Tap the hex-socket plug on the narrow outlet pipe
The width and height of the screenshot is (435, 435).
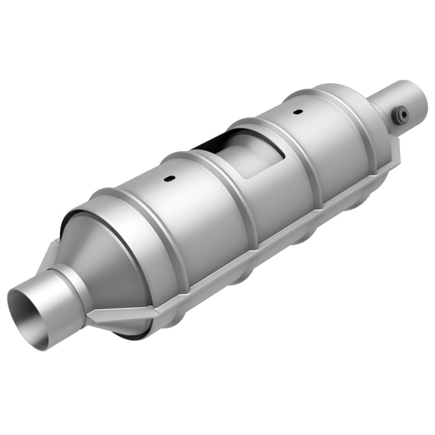[402, 115]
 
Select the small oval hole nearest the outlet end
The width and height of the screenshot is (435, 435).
[297, 112]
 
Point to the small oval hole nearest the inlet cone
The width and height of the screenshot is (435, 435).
[170, 179]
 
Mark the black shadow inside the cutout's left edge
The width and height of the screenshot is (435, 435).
[209, 142]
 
